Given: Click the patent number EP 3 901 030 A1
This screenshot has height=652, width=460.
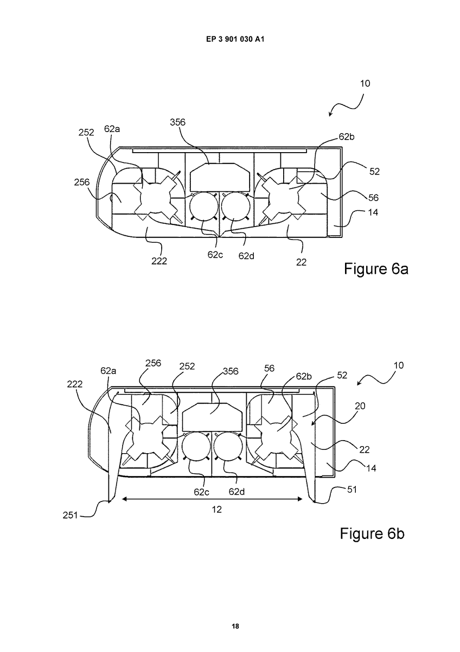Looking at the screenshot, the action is tap(235, 39).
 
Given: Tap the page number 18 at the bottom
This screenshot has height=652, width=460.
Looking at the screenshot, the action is tap(235, 624).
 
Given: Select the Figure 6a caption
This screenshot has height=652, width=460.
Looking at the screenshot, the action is tap(376, 268).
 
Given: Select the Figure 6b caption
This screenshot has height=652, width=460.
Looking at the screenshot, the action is tap(372, 532).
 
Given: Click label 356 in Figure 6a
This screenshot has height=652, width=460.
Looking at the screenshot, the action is tap(177, 122).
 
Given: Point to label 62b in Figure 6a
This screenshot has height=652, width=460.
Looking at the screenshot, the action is tap(347, 137).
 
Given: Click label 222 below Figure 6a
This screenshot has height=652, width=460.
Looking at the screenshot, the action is tap(159, 261).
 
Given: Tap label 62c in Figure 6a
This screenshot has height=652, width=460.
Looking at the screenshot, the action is tap(215, 255).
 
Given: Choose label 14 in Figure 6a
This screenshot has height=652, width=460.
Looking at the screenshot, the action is tap(373, 212).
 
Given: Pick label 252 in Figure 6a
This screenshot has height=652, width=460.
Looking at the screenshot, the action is tap(86, 133).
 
